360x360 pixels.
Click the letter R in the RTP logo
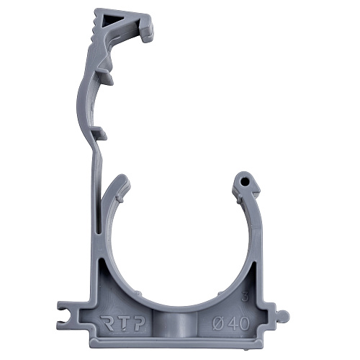pos(107,323)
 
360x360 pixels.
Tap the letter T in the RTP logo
pos(122,323)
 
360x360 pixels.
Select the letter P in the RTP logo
pos(138,323)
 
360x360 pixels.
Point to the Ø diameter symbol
pos(219,323)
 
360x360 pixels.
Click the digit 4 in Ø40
pos(233,323)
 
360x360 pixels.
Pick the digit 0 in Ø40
pos(244,323)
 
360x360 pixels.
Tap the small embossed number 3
pos(245,297)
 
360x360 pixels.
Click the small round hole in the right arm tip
pos(244,181)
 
